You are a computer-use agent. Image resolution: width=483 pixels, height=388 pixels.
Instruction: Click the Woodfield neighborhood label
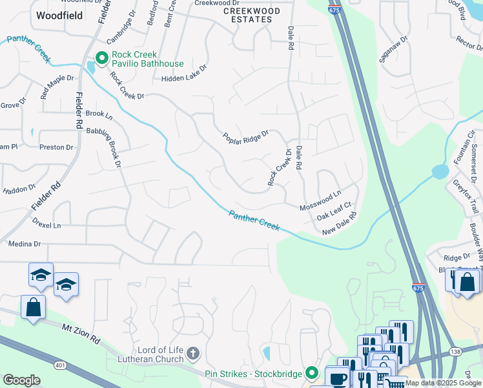(x=59, y=16)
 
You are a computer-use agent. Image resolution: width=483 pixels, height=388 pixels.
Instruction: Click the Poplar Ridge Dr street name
(x=245, y=137)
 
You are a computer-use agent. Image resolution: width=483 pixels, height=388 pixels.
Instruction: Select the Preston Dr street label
(x=56, y=147)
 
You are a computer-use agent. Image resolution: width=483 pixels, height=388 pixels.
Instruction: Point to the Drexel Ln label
(x=46, y=226)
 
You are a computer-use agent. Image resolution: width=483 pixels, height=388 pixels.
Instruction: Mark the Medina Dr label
(x=25, y=244)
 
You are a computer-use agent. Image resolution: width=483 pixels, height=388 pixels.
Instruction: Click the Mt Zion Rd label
(x=83, y=333)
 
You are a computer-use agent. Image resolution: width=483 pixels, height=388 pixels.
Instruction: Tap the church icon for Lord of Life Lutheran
(x=192, y=354)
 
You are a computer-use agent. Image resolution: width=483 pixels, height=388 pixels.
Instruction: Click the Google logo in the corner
(x=21, y=380)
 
